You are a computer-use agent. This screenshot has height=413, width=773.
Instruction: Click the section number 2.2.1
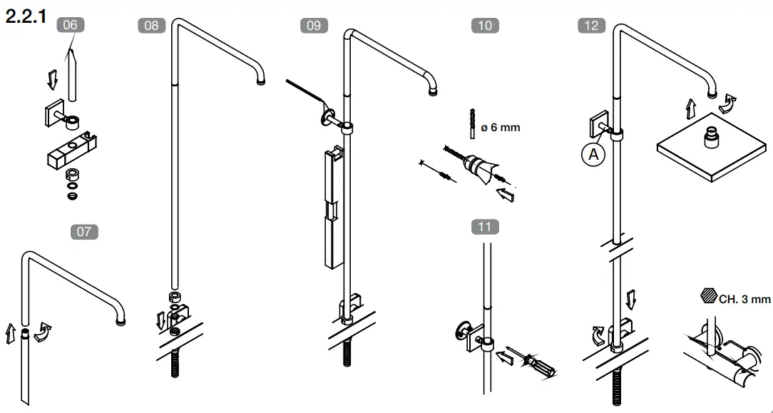point(26,16)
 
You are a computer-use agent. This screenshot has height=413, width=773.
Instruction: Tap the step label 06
point(70,24)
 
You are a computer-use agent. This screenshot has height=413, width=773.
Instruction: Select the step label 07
point(85,231)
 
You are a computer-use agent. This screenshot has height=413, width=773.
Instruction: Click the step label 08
point(151,26)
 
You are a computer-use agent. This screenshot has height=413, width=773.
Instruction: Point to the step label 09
point(314,26)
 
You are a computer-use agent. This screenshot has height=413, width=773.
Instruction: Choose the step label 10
point(485,26)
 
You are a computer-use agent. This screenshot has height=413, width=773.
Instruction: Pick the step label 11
point(485,227)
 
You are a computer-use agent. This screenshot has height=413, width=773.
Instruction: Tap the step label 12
point(591,26)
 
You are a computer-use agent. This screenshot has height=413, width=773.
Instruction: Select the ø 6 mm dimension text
point(501,128)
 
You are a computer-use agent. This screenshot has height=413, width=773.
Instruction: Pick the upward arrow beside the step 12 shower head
point(690,109)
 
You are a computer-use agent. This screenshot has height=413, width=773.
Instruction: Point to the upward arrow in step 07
point(11,333)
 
